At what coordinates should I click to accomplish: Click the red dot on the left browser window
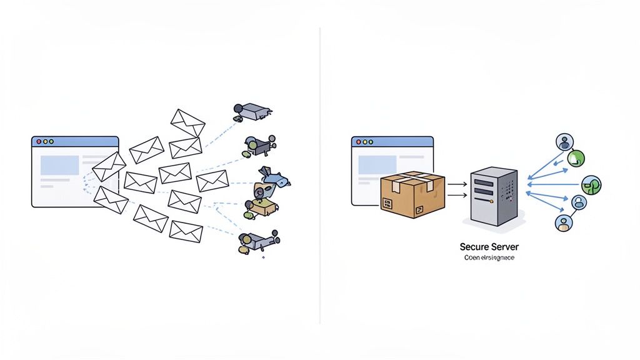(39, 142)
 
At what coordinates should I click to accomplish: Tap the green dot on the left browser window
(52, 142)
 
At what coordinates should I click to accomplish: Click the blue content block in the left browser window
(59, 165)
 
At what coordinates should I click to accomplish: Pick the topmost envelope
(187, 122)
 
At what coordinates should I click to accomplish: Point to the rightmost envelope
(212, 181)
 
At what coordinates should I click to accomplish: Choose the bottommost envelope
(186, 231)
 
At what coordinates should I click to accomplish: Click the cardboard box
(412, 194)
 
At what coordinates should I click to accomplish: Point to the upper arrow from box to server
(457, 184)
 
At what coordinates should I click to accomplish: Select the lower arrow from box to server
(457, 196)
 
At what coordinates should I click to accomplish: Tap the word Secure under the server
(474, 247)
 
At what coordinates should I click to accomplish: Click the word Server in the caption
(506, 247)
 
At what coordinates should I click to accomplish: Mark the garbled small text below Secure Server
(489, 257)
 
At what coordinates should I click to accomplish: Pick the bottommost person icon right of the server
(564, 222)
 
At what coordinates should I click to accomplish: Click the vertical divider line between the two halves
(320, 175)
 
